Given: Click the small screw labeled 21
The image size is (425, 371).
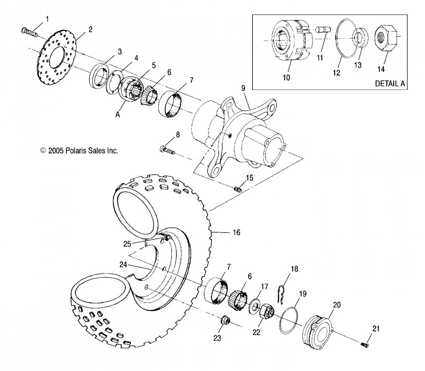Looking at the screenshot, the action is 365,344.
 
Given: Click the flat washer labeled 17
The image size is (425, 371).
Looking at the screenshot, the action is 254,306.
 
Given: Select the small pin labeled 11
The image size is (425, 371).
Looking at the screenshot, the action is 324,29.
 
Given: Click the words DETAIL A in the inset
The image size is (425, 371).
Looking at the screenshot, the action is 389,84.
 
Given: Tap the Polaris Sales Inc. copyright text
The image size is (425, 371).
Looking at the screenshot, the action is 79,151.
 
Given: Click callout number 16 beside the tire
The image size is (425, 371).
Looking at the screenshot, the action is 236,232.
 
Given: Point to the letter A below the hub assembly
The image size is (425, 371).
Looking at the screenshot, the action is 117,114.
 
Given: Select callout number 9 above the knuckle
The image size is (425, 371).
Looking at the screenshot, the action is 243,88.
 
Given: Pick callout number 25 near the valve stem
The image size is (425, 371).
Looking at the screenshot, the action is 127,244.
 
